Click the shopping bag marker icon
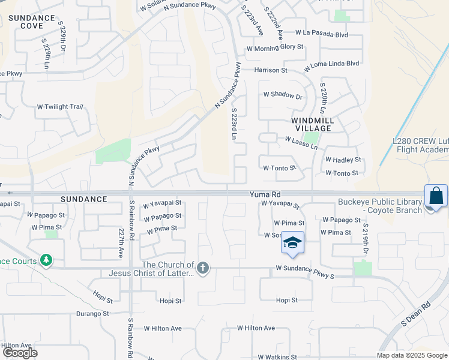[x=436, y=196]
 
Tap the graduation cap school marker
[x=292, y=243]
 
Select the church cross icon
[x=203, y=268]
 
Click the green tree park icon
[x=46, y=260]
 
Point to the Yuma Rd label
[x=265, y=194]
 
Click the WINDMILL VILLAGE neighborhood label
[x=312, y=124]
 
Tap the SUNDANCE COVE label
[x=32, y=22]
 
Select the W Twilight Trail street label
[x=59, y=106]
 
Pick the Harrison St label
[x=271, y=70]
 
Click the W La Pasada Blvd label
[x=321, y=35]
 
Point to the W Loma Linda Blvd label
[x=331, y=63]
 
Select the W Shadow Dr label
[x=282, y=95]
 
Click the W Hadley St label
[x=343, y=160]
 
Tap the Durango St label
[x=92, y=313]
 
